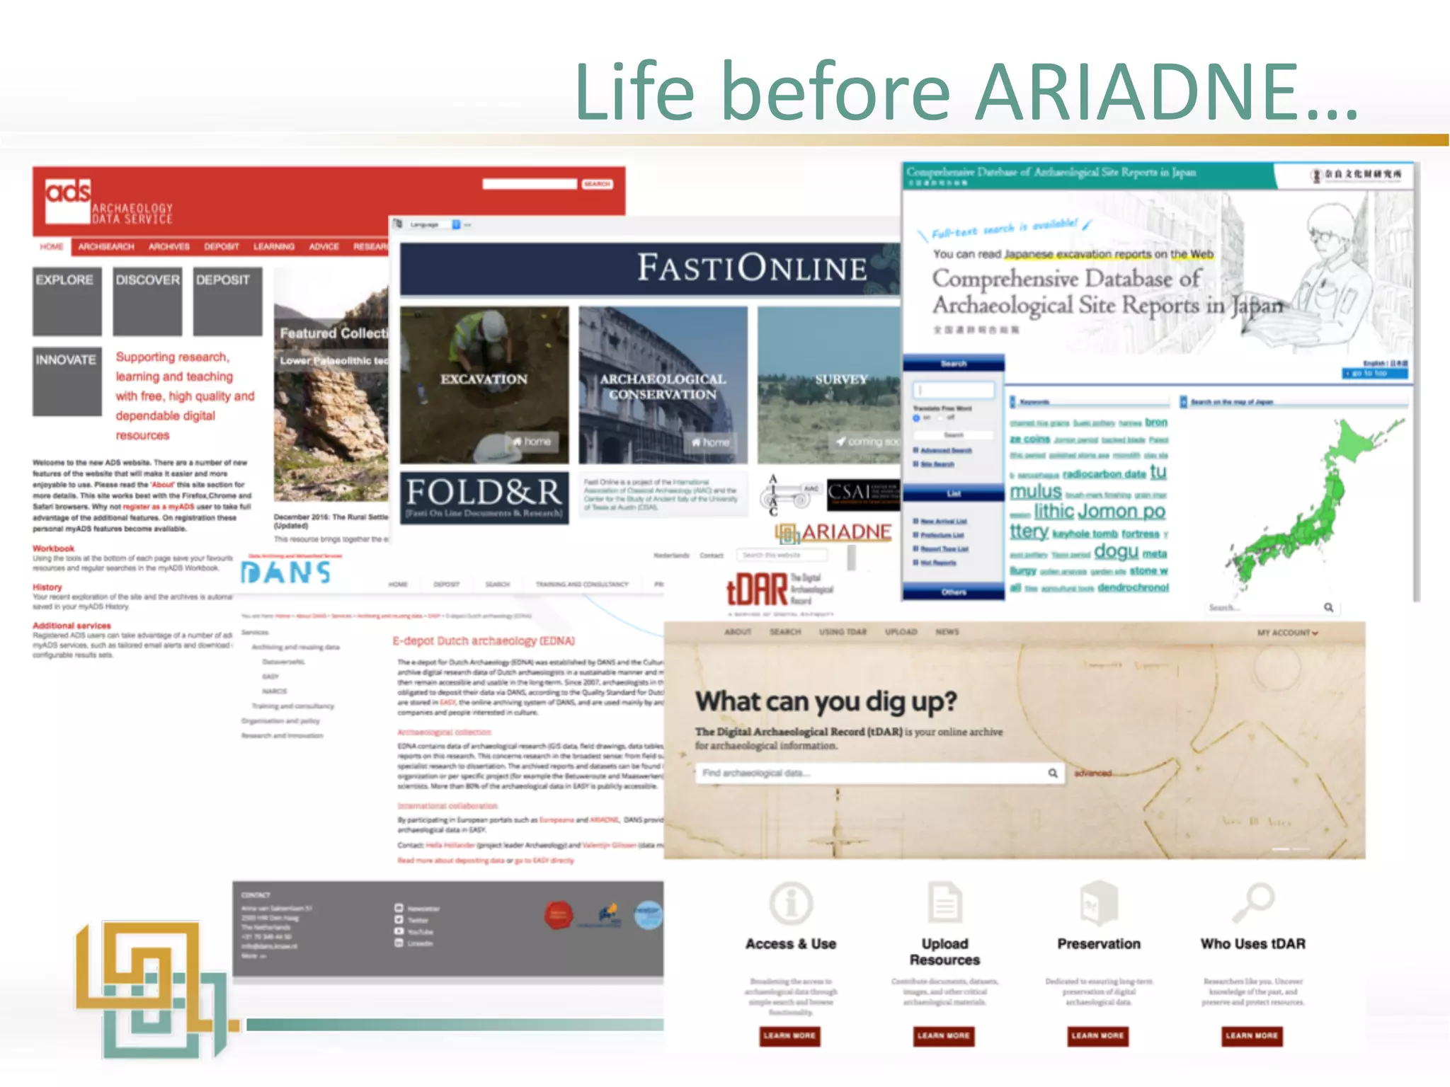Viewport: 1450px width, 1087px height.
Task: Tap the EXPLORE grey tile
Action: [x=67, y=301]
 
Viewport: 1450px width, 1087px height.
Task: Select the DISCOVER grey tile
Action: [x=147, y=301]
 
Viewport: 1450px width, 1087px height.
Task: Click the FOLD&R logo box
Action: [x=484, y=498]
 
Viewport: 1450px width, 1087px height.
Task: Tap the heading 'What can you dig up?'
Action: [x=826, y=701]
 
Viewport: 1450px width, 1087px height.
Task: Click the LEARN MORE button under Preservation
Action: [x=1097, y=1036]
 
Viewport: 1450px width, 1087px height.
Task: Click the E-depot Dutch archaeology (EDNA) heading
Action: [x=484, y=641]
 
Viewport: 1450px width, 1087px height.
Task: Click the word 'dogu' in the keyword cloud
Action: [x=1116, y=551]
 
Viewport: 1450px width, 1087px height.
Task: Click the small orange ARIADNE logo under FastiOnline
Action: [x=833, y=532]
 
